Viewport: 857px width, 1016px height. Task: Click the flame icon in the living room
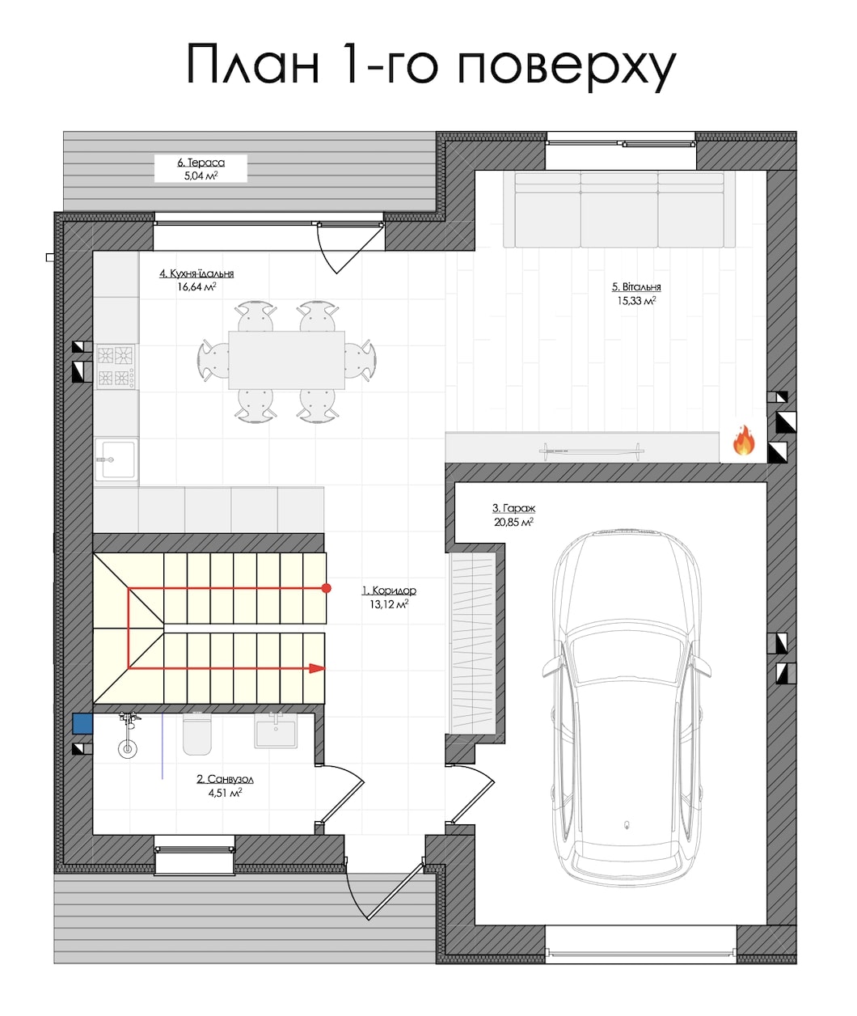coord(744,440)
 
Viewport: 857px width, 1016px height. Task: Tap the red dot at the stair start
coord(327,588)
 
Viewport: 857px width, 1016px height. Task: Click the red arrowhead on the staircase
coord(317,669)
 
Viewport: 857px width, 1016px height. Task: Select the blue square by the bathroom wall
coord(82,723)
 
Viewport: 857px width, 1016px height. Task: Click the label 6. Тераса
coord(201,163)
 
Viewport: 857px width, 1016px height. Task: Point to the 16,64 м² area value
coord(197,287)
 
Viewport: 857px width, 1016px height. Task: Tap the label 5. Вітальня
coord(636,287)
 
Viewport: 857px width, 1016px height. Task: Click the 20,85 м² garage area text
coord(513,523)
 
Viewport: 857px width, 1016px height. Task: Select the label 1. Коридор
coord(389,591)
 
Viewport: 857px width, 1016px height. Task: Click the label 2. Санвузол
coord(226,779)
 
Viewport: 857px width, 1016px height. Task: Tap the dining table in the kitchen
coord(287,360)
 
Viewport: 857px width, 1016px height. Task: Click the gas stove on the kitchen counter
coord(116,366)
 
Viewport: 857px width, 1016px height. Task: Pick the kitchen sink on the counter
coord(116,459)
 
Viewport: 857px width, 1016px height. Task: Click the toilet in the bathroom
coord(197,734)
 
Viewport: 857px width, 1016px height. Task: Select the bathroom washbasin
coord(275,732)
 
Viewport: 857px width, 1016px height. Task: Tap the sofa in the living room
coord(619,210)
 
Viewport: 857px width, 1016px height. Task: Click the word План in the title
coord(253,64)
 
